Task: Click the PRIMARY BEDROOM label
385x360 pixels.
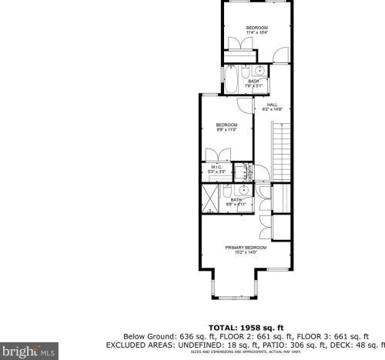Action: (246, 247)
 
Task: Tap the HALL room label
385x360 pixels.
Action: (273, 105)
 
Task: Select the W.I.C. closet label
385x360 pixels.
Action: (216, 167)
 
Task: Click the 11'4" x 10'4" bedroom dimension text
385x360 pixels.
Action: (257, 33)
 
